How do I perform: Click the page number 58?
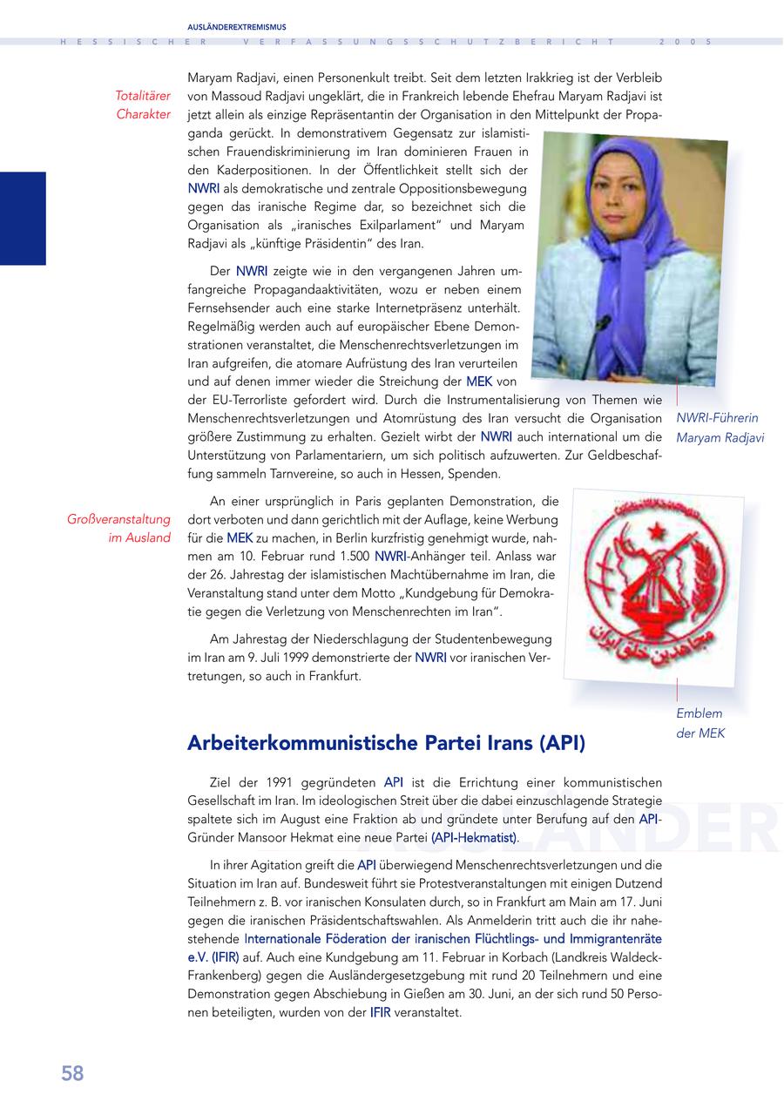pos(72,1073)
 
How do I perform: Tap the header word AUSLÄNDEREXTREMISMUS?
pos(237,27)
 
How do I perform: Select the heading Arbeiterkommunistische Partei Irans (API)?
pos(386,743)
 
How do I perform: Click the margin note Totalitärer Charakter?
pos(143,105)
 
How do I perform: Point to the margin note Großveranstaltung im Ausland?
pos(118,529)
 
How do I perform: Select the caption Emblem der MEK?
pos(700,723)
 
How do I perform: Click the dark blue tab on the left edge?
pos(23,218)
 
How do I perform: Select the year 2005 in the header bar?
pos(686,42)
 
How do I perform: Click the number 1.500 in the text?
pos(352,556)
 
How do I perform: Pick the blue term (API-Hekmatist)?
pos(474,837)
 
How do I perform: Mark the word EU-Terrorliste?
pos(239,400)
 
